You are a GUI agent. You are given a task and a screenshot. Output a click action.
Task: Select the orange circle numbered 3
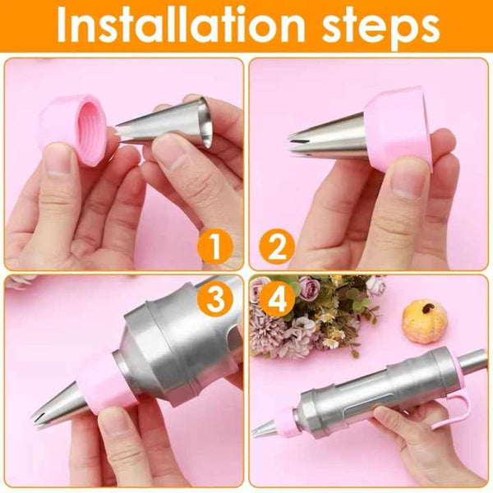pyautogui.click(x=215, y=298)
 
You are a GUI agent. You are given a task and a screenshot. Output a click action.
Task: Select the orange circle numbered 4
pyautogui.click(x=278, y=298)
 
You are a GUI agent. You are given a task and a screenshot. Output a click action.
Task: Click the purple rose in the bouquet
pyautogui.click(x=309, y=288)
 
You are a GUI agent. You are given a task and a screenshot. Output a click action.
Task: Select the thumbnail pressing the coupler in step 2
pyautogui.click(x=408, y=177)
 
